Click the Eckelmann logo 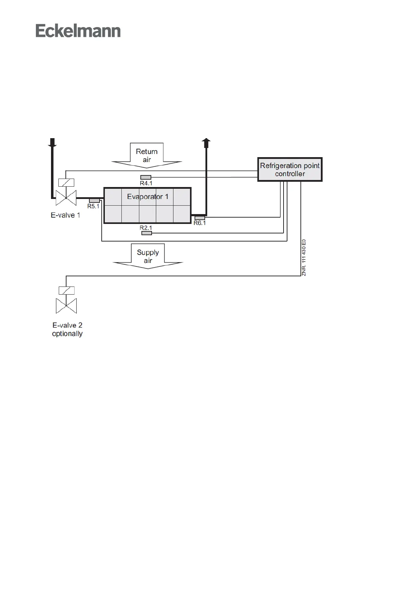(78, 31)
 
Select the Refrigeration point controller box (290, 169)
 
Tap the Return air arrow (147, 155)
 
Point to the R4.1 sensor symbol (146, 177)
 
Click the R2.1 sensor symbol (146, 233)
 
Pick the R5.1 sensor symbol (94, 200)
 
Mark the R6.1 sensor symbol (199, 218)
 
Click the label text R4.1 (146, 183)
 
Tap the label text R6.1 (200, 223)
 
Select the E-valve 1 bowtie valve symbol (66, 198)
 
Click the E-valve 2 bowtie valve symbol (66, 306)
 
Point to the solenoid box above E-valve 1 (66, 183)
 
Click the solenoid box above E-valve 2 (66, 290)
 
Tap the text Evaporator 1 (148, 197)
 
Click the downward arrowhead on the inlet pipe (52, 143)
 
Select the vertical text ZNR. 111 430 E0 (304, 258)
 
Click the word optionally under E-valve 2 (67, 334)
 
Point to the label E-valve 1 (65, 215)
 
